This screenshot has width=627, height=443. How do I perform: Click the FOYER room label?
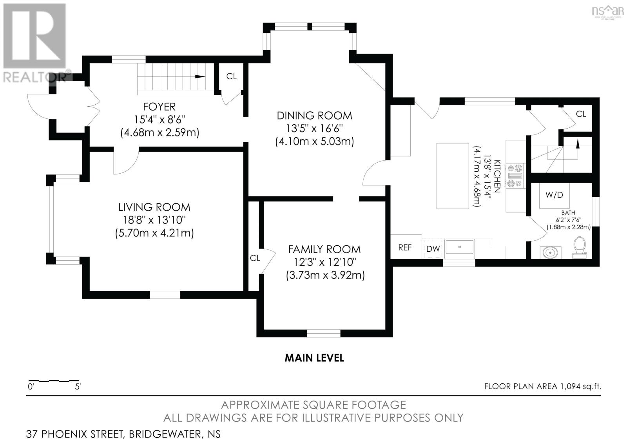[159, 107]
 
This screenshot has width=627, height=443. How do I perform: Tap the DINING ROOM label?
[314, 116]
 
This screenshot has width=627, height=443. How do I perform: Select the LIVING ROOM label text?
[154, 207]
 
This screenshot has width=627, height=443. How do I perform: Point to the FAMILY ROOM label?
[324, 249]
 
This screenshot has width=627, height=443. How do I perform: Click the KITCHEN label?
[497, 176]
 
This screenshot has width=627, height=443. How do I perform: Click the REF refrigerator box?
[406, 247]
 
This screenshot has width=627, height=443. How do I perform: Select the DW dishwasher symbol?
[433, 249]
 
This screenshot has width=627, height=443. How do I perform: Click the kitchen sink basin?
[459, 247]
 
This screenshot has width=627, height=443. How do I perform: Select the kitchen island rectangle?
[453, 176]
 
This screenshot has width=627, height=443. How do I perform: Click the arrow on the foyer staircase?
[200, 76]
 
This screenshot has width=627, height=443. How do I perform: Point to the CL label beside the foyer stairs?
[231, 76]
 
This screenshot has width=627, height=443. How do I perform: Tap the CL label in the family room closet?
[255, 258]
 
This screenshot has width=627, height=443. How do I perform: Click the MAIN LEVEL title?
[314, 358]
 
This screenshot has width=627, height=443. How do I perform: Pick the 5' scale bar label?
[78, 387]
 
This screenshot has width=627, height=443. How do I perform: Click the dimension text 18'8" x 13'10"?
[154, 220]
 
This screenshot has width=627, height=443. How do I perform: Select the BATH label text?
[568, 213]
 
